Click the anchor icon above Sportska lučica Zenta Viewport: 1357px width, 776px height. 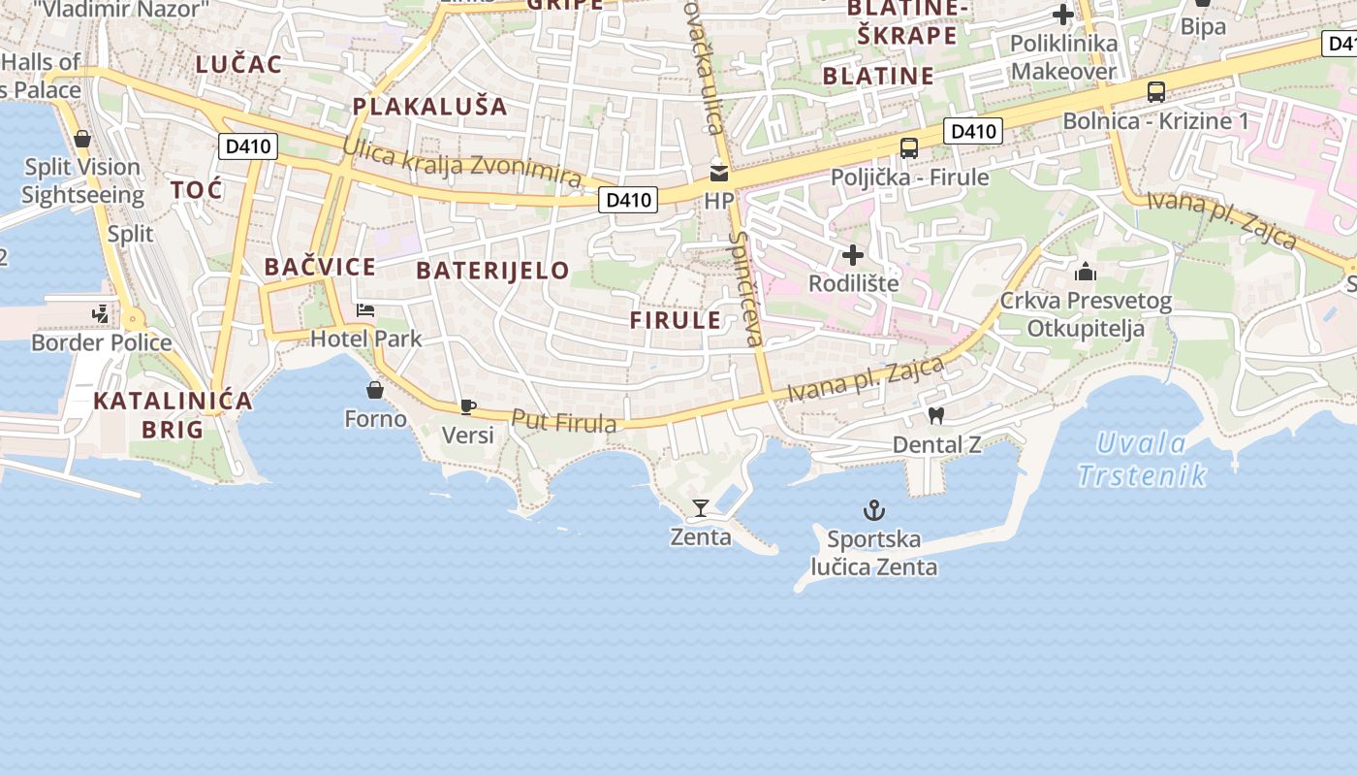(x=874, y=509)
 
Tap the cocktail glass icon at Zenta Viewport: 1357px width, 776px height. (x=701, y=507)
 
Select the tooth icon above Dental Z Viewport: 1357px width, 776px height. (x=935, y=416)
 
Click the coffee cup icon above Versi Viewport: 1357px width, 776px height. (x=468, y=406)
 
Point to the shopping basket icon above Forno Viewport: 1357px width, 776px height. (x=375, y=390)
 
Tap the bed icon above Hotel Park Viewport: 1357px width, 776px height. (x=365, y=310)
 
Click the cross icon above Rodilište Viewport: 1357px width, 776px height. (x=853, y=255)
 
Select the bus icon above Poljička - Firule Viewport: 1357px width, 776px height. (x=909, y=148)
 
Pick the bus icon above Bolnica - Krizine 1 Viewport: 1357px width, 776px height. (x=1155, y=92)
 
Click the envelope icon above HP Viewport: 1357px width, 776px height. (x=719, y=174)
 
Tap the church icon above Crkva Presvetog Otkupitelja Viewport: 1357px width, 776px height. (x=1086, y=272)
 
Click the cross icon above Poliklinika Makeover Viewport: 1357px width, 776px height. (x=1063, y=15)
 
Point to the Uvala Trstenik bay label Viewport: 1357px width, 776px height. (x=1142, y=459)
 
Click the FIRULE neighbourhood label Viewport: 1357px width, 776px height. (x=676, y=320)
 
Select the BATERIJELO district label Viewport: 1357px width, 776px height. (x=492, y=271)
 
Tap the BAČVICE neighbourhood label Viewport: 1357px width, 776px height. (x=320, y=267)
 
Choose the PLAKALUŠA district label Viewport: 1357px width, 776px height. (x=429, y=107)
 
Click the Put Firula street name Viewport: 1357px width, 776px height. (x=563, y=422)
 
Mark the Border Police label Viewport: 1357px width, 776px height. (x=102, y=342)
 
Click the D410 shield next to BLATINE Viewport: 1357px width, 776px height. (x=973, y=131)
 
